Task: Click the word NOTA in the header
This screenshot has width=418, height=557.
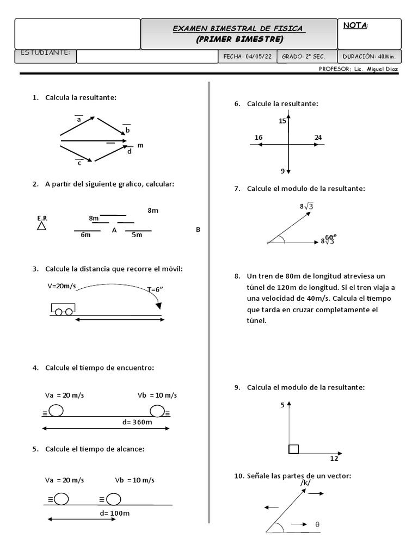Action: pyautogui.click(x=355, y=26)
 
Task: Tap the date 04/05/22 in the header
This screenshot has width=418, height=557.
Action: pyautogui.click(x=258, y=56)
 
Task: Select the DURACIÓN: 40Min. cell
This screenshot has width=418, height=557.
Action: pyautogui.click(x=370, y=56)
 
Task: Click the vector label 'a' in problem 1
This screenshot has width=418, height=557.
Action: pyautogui.click(x=78, y=119)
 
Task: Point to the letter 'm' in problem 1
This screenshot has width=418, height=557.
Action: pyautogui.click(x=140, y=146)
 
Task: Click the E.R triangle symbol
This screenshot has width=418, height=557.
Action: pyautogui.click(x=41, y=226)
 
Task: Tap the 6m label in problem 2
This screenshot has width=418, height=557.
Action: pyautogui.click(x=85, y=235)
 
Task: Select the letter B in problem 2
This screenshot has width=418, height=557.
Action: pyautogui.click(x=198, y=230)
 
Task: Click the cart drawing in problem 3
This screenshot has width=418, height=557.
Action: pyautogui.click(x=63, y=308)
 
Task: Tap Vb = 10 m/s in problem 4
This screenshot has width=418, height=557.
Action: pyautogui.click(x=157, y=395)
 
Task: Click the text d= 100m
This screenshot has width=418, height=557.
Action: pyautogui.click(x=115, y=513)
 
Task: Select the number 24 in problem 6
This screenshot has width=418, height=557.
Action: pyautogui.click(x=318, y=138)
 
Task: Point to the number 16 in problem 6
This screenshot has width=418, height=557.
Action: pyautogui.click(x=258, y=138)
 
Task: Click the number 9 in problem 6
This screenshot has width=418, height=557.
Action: pyautogui.click(x=282, y=171)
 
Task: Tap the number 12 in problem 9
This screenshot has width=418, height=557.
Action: pyautogui.click(x=335, y=459)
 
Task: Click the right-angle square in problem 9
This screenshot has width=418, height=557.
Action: pyautogui.click(x=293, y=449)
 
